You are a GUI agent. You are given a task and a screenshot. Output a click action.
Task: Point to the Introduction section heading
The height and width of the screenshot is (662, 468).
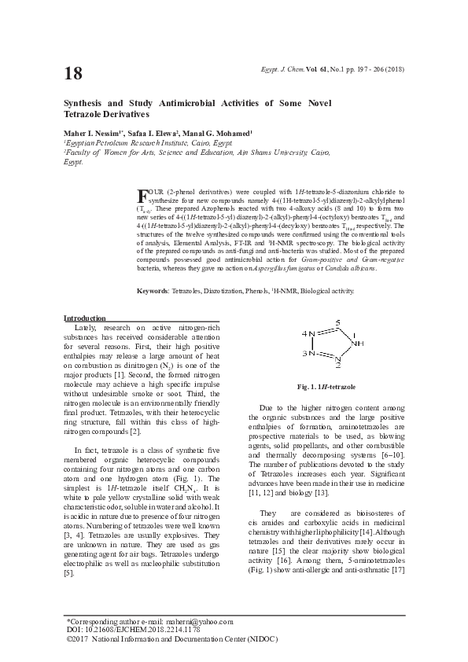(x=85, y=318)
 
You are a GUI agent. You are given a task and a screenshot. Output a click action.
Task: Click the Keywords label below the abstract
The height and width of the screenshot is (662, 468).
(x=151, y=291)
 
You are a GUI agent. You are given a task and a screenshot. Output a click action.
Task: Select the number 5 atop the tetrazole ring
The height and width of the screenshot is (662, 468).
(x=337, y=322)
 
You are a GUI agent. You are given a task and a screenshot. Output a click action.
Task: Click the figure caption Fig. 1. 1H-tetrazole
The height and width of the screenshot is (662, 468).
(x=326, y=388)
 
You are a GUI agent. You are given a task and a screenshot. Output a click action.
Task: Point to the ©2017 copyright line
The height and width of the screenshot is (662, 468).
(x=165, y=638)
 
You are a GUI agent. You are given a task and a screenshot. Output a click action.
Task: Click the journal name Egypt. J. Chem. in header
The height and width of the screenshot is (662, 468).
(x=282, y=70)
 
